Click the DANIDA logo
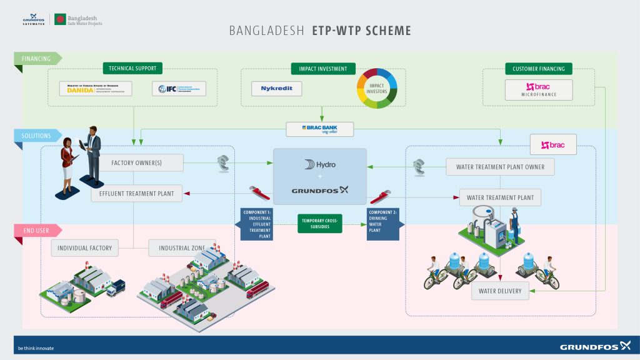tap(96, 89)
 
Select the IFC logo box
tap(179, 89)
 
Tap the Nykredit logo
tap(276, 89)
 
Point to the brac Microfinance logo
tap(539, 90)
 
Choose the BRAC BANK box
tap(320, 129)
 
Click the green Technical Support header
tap(132, 68)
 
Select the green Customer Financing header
tap(538, 68)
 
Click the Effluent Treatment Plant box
tap(137, 194)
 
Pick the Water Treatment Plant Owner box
tap(499, 167)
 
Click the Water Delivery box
tap(501, 291)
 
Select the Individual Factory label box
tap(84, 248)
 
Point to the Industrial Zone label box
tap(182, 248)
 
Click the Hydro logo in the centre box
tap(320, 165)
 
